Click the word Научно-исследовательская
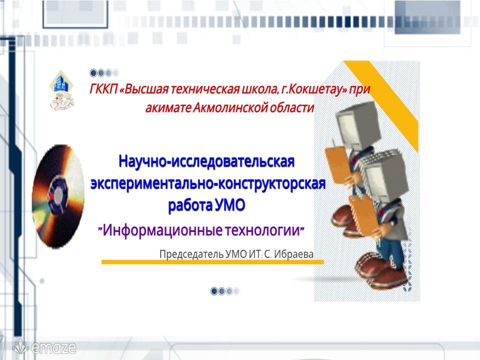coord(206,161)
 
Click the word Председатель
coord(191,254)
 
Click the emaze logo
coord(44,347)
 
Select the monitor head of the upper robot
coord(357,124)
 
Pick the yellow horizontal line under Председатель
coord(212,262)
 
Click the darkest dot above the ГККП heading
coord(93,73)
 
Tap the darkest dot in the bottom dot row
coord(214,291)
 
